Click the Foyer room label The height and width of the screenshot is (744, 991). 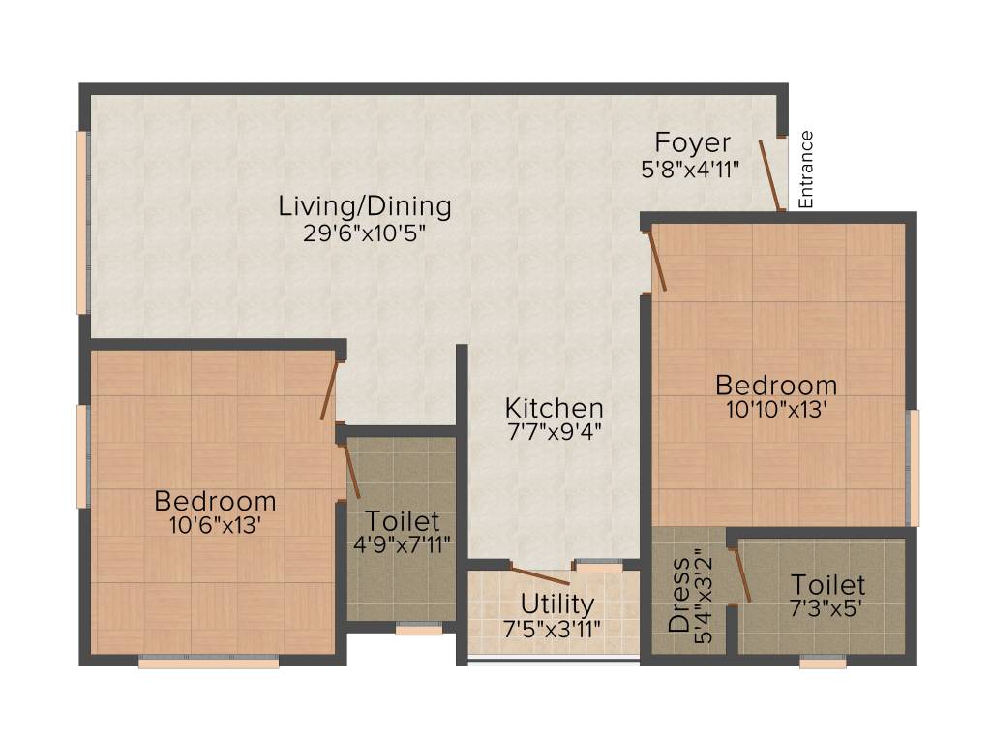[692, 142]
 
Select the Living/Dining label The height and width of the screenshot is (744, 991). [365, 205]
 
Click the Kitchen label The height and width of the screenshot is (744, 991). [555, 408]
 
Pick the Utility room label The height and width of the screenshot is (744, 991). [556, 604]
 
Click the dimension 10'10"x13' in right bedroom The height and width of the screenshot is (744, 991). [776, 409]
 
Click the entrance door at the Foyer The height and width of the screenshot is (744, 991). [770, 175]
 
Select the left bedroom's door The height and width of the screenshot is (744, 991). [330, 389]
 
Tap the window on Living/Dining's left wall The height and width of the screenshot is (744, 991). [82, 223]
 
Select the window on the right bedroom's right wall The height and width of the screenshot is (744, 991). [913, 468]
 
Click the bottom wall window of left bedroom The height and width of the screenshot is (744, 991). [208, 663]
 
